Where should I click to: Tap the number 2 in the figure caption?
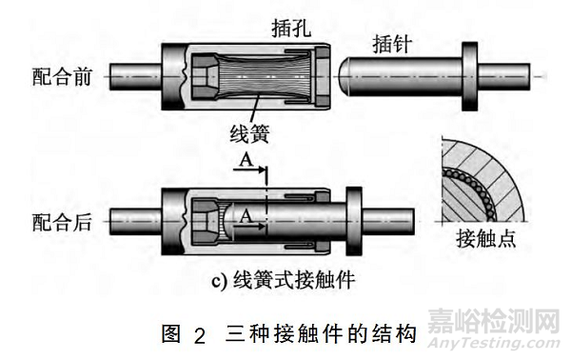coord(199,334)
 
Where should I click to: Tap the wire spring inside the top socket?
coord(262,74)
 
